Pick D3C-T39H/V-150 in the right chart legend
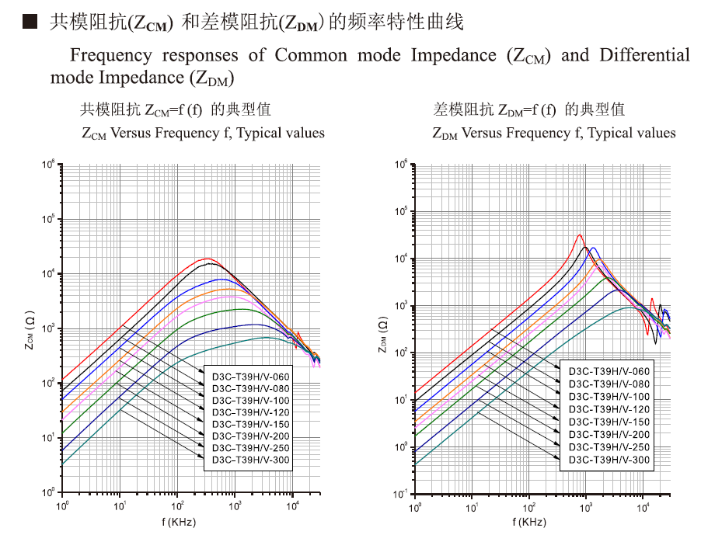[609, 421]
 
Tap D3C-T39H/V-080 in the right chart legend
[609, 384]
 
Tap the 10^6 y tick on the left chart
[47, 165]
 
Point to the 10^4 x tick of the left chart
[291, 507]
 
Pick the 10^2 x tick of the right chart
[528, 507]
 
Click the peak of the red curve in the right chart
[579, 234]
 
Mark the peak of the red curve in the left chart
[208, 259]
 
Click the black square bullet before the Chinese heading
[30, 23]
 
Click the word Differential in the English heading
[644, 55]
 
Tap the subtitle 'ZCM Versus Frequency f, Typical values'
[203, 133]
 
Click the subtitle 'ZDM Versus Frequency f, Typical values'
[554, 133]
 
